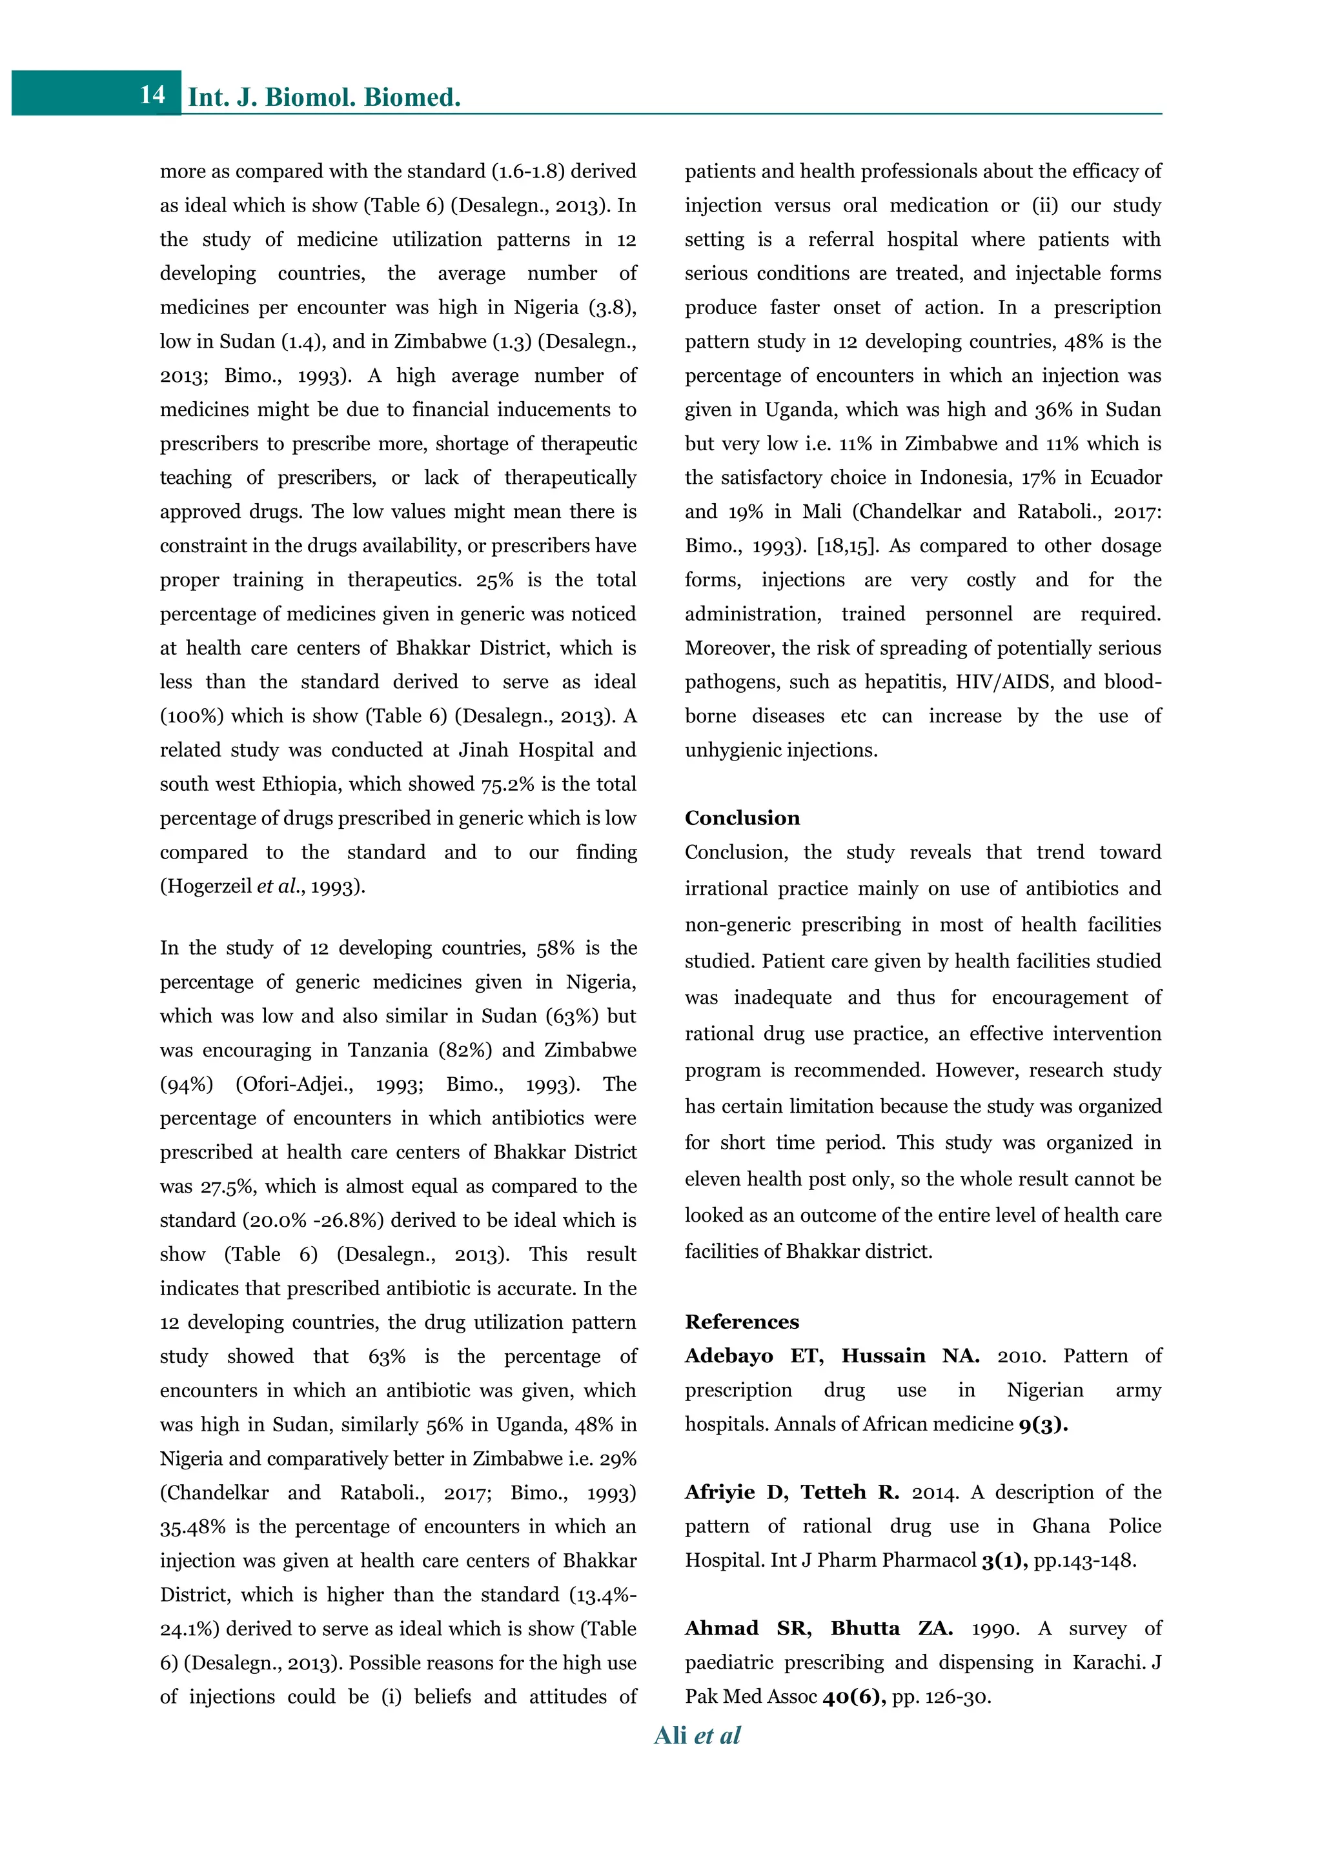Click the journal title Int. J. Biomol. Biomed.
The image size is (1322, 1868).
pyautogui.click(x=324, y=97)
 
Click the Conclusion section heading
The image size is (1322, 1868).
pyautogui.click(x=742, y=818)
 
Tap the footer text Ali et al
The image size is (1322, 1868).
pyautogui.click(x=697, y=1734)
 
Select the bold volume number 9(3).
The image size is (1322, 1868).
pyautogui.click(x=1042, y=1424)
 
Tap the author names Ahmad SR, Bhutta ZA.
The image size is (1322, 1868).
pyautogui.click(x=818, y=1628)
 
